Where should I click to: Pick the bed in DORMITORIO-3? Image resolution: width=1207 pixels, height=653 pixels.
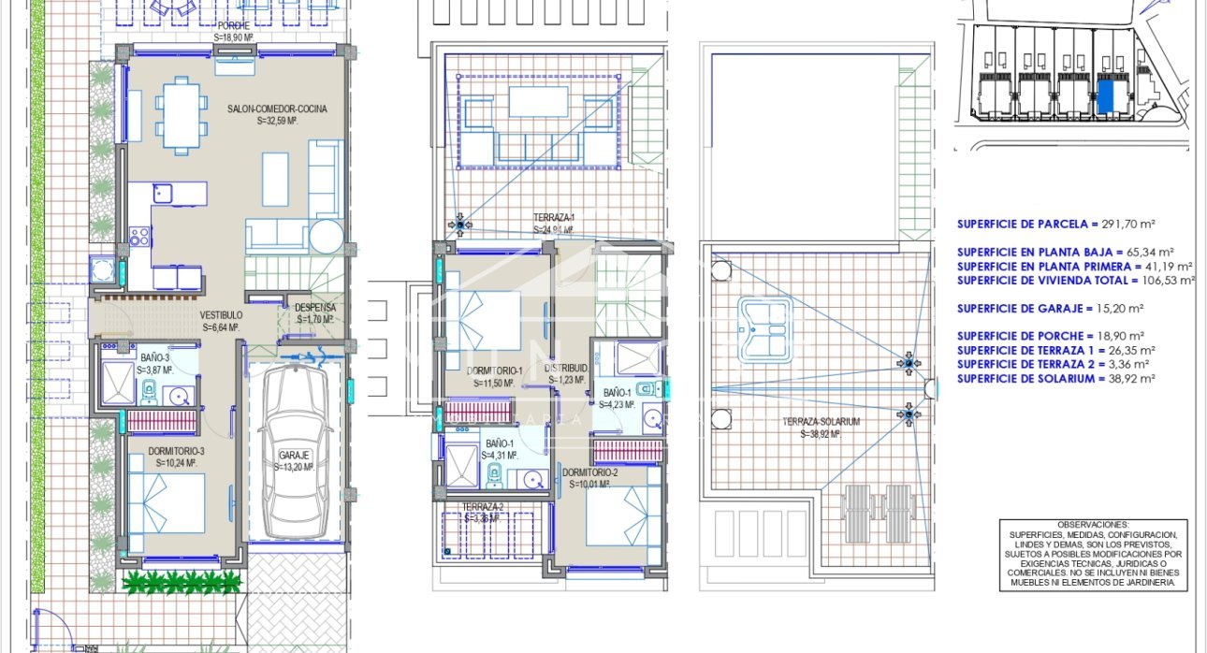tap(166, 503)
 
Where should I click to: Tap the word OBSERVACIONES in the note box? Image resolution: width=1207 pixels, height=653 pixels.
tap(1093, 525)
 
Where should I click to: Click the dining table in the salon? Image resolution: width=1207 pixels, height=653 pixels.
tap(182, 114)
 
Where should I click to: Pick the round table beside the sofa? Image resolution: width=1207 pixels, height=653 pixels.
tap(327, 236)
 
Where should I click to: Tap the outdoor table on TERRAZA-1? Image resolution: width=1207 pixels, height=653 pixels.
tap(538, 99)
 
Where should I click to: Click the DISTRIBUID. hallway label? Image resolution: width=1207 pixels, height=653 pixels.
tap(566, 369)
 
